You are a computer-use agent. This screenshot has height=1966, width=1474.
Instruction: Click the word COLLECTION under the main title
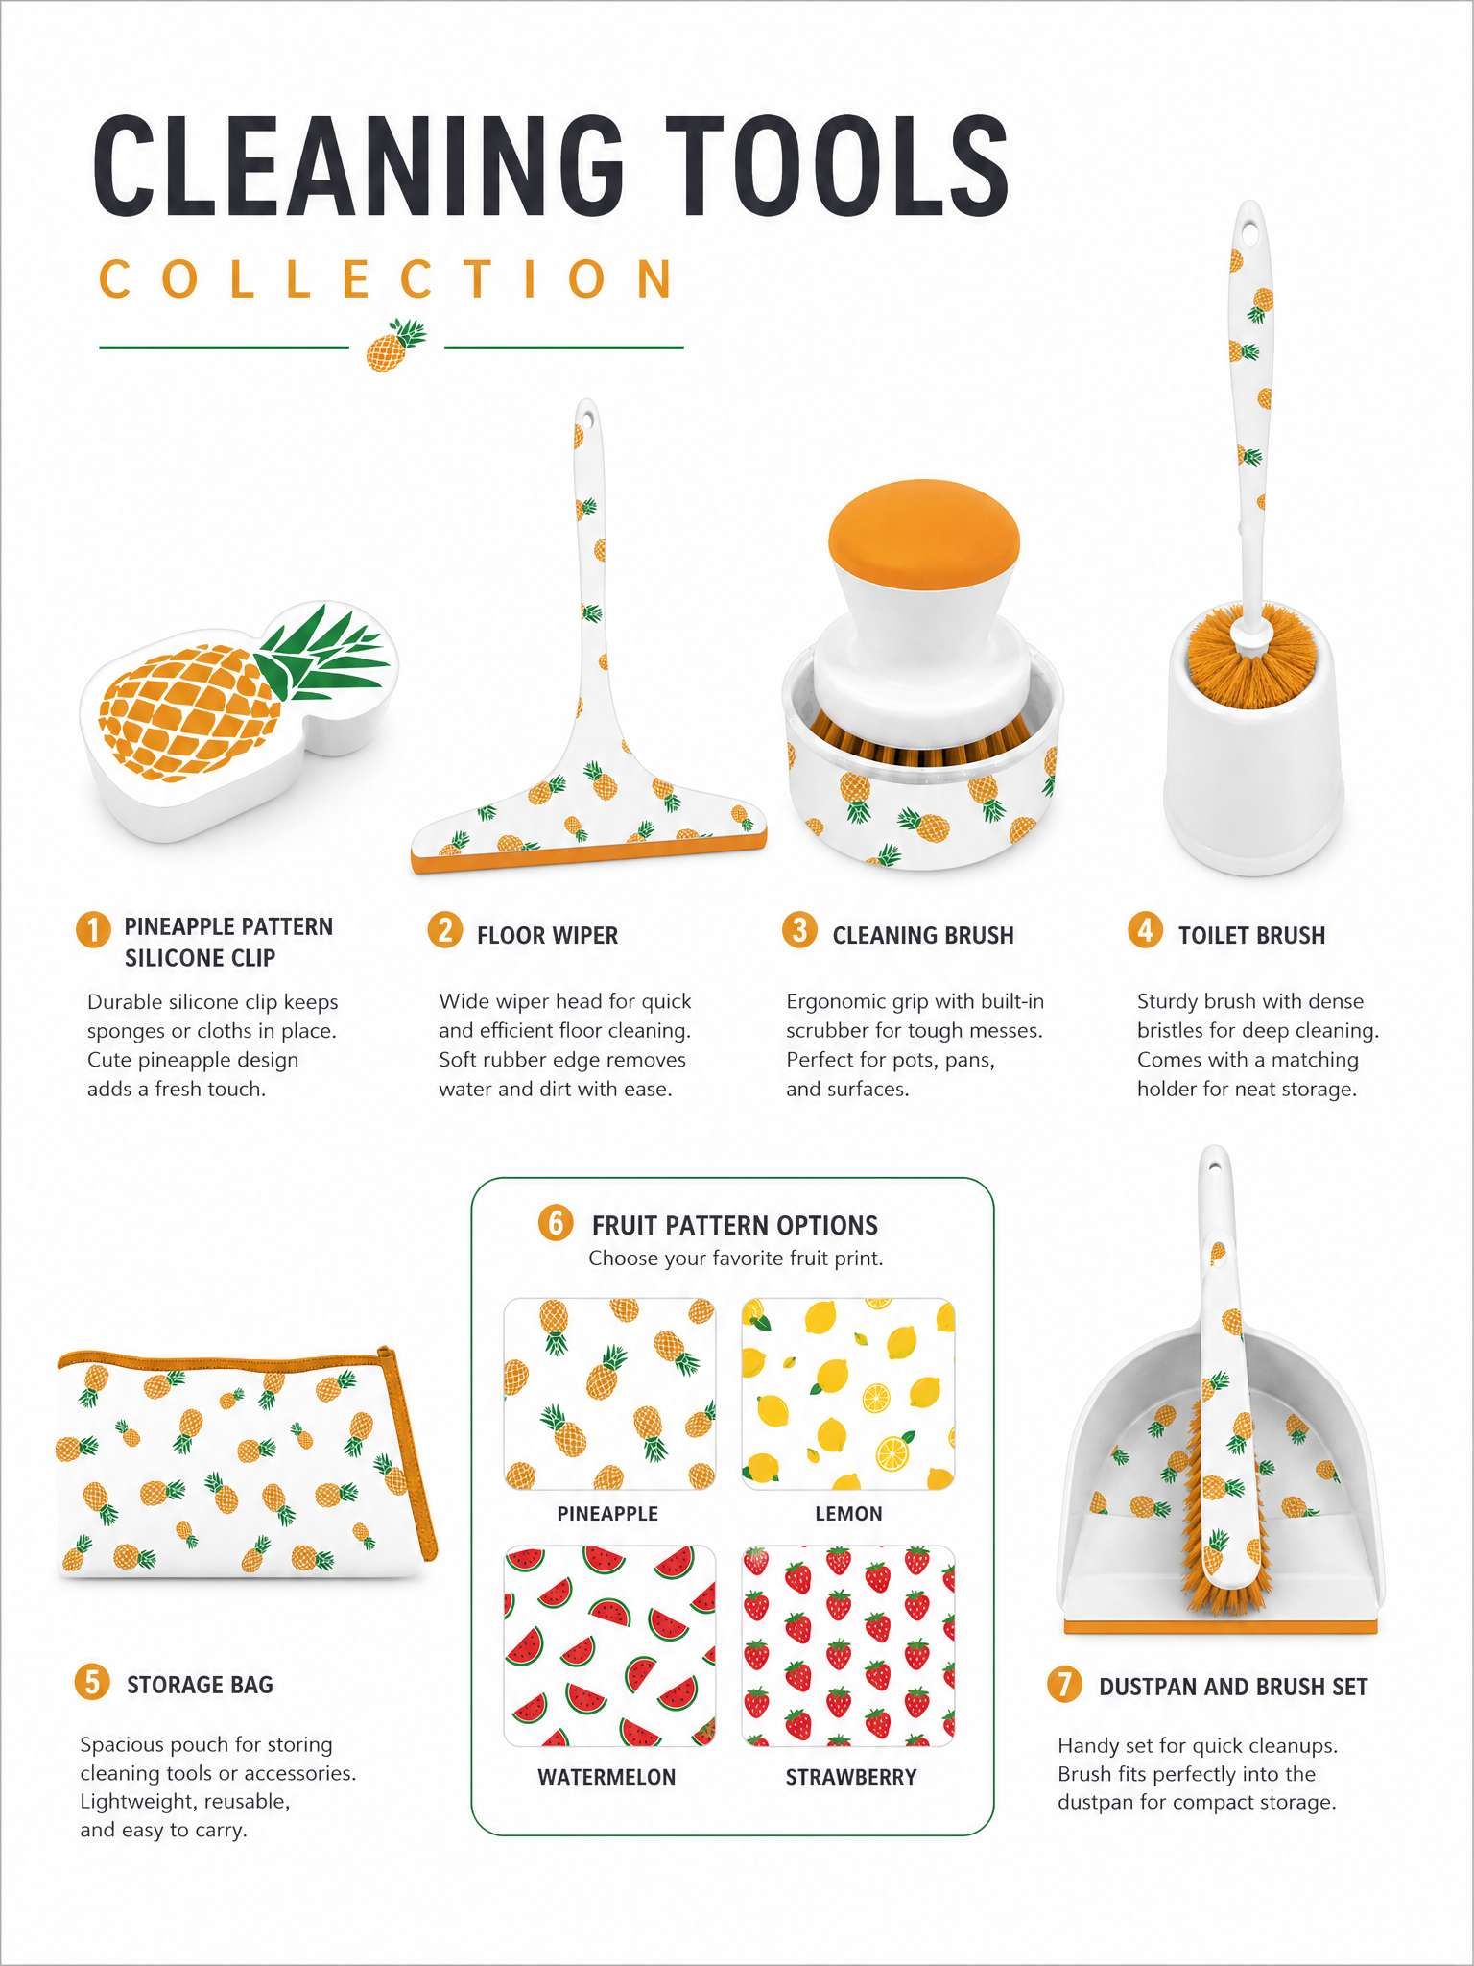(387, 279)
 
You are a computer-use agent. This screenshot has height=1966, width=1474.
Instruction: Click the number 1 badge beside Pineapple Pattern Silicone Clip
(93, 929)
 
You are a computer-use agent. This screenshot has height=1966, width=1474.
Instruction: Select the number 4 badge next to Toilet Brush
(1145, 929)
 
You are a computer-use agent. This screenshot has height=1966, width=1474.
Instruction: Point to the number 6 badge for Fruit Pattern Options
(556, 1223)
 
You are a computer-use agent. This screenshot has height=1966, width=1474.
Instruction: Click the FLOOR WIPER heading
(547, 936)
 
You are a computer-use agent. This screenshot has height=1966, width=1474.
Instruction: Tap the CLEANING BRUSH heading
(923, 936)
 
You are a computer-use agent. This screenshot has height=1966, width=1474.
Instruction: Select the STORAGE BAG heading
(200, 1685)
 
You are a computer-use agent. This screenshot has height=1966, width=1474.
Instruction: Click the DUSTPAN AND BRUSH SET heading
(1233, 1687)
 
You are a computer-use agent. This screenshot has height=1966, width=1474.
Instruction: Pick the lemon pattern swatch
(848, 1394)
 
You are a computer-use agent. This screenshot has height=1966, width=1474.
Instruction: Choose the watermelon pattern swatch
(609, 1645)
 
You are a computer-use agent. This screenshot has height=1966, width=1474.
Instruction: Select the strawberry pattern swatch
(848, 1645)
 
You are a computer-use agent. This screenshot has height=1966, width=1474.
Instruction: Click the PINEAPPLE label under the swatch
(607, 1514)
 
